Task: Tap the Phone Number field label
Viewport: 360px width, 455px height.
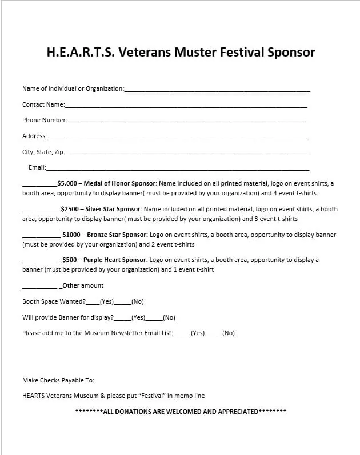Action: [x=45, y=120]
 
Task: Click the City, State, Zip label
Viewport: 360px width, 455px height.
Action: [x=43, y=152]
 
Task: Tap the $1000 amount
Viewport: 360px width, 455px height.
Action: [x=71, y=235]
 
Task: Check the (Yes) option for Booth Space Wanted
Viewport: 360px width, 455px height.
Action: [x=107, y=301]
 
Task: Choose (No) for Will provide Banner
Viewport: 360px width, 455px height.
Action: [x=169, y=317]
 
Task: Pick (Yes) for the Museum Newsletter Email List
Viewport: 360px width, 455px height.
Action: [x=198, y=333]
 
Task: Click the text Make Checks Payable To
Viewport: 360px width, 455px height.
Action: [x=58, y=380]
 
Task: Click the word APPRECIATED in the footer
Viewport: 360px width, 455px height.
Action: [x=238, y=412]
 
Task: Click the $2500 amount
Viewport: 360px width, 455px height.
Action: [x=70, y=209]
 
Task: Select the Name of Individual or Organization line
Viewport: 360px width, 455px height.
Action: [x=217, y=90]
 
